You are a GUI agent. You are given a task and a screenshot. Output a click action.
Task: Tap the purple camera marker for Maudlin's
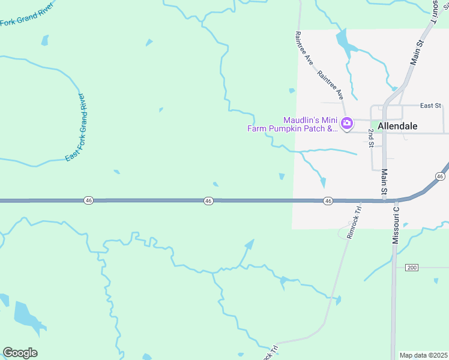(346, 124)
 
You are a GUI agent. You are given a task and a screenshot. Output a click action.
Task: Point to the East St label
(430, 106)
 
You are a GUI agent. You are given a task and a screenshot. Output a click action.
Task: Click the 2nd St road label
(372, 137)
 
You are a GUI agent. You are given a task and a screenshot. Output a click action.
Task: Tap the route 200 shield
(411, 267)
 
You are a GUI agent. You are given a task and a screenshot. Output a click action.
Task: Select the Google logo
(20, 353)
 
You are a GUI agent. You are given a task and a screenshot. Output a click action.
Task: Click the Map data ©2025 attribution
(423, 355)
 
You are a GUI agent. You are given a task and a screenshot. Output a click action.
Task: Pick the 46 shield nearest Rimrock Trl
(328, 200)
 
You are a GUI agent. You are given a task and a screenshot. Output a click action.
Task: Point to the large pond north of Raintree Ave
(343, 41)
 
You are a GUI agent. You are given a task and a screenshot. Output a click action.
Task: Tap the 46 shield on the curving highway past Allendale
(440, 176)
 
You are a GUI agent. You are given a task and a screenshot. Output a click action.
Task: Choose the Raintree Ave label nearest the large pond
(304, 48)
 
